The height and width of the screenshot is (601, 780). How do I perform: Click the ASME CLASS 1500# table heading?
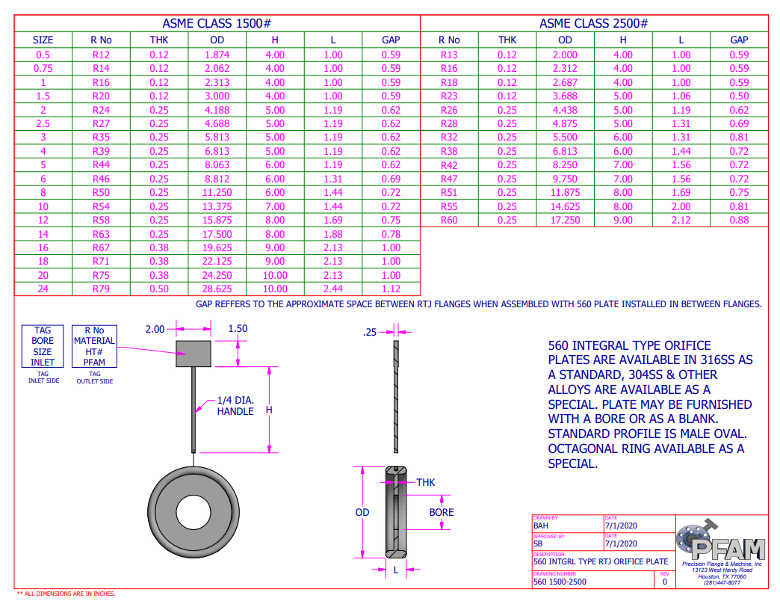pyautogui.click(x=217, y=24)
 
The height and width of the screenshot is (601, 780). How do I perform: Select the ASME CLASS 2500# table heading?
pyautogui.click(x=593, y=24)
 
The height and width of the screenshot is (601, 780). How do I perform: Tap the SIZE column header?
pyautogui.click(x=43, y=40)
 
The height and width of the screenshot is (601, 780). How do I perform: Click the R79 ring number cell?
pyautogui.click(x=101, y=289)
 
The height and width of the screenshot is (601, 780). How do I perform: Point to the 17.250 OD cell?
pyautogui.click(x=565, y=221)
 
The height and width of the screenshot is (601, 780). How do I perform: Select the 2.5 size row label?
pyautogui.click(x=43, y=124)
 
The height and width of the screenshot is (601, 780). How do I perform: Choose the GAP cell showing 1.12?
pyautogui.click(x=391, y=289)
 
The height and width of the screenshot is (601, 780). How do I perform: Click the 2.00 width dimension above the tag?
pyautogui.click(x=155, y=329)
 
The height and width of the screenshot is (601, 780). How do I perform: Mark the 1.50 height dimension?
pyautogui.click(x=238, y=329)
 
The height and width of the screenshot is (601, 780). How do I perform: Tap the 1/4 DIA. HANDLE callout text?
pyautogui.click(x=235, y=406)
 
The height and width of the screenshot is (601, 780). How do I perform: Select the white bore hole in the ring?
pyautogui.click(x=194, y=513)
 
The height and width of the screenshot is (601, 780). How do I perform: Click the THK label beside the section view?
pyautogui.click(x=425, y=483)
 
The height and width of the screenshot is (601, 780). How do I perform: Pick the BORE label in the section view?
pyautogui.click(x=442, y=513)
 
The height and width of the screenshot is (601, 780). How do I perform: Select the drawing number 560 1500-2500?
pyautogui.click(x=560, y=582)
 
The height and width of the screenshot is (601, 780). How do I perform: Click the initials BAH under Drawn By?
pyautogui.click(x=541, y=526)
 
